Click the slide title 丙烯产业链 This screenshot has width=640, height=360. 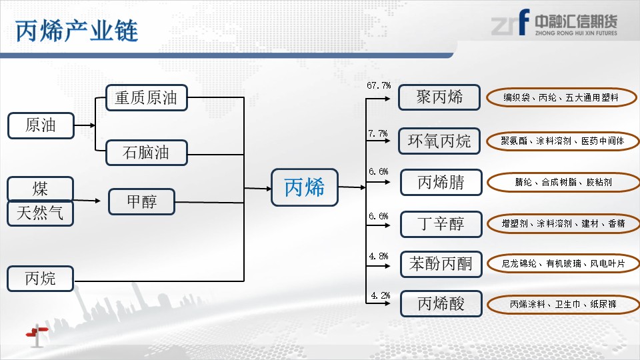click(77, 31)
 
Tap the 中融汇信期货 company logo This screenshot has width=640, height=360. click(554, 23)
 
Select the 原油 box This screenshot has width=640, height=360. click(41, 125)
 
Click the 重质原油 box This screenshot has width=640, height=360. click(147, 97)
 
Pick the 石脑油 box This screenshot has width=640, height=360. click(147, 153)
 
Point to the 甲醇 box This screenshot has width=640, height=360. click(141, 201)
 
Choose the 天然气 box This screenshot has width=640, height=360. click(41, 213)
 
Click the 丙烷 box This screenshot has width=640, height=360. click(41, 279)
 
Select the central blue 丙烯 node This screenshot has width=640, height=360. click(305, 187)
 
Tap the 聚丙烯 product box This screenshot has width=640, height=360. click(439, 97)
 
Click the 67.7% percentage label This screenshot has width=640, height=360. click(379, 86)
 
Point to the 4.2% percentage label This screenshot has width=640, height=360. click(381, 295)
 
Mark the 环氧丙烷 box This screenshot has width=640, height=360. click(439, 141)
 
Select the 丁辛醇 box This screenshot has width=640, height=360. click(441, 224)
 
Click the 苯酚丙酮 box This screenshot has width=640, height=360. click(441, 264)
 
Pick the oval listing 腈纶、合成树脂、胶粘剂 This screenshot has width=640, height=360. click(564, 183)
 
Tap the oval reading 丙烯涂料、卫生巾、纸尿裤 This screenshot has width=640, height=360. click(563, 304)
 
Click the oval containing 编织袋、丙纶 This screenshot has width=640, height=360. click(561, 97)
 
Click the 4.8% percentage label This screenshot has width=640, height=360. click(379, 256)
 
